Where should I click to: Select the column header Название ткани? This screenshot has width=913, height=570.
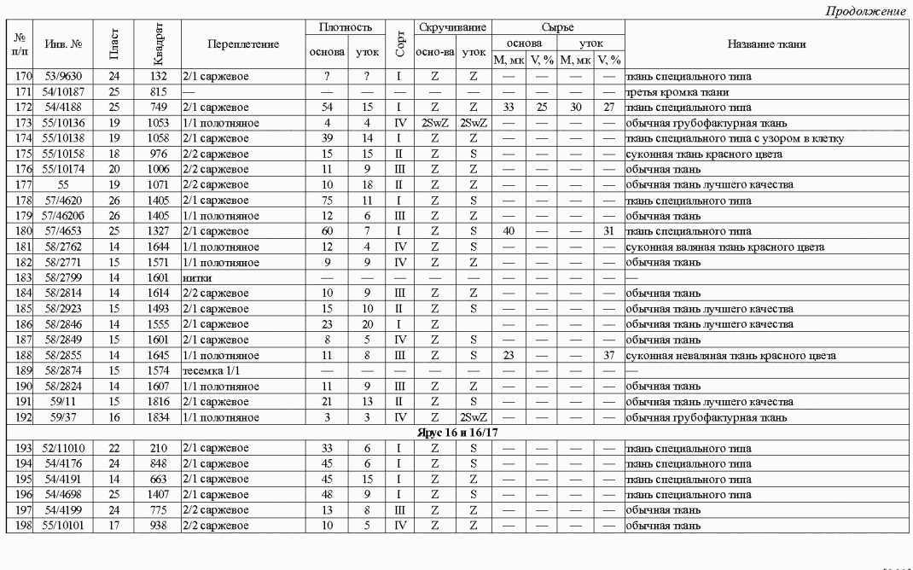pos(767,44)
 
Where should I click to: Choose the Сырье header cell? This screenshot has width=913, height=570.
pos(558,28)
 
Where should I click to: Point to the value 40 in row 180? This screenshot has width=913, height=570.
pos(508,232)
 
